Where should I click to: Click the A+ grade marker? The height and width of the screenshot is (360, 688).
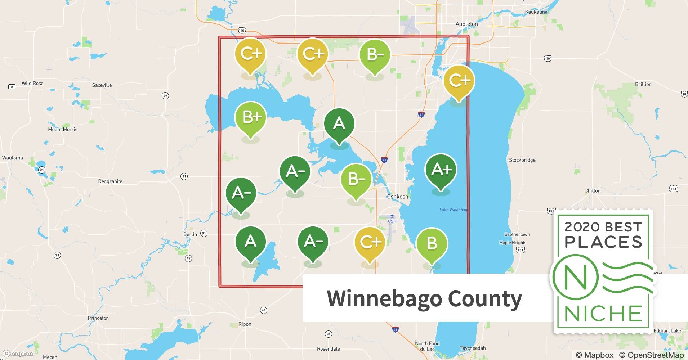[441, 170]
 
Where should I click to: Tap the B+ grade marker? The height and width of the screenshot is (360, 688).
[250, 117]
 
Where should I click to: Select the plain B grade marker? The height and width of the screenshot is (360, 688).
[432, 243]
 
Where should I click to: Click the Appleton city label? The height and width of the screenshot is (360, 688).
[466, 24]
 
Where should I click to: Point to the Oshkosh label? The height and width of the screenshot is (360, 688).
[397, 197]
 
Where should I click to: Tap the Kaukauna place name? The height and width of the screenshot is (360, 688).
[536, 12]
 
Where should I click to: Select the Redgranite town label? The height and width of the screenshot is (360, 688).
[110, 181]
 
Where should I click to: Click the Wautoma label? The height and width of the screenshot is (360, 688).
[12, 158]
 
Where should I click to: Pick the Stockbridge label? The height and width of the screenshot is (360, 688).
[522, 160]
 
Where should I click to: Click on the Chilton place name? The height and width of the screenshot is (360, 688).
[592, 191]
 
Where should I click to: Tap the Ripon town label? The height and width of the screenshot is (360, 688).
[245, 324]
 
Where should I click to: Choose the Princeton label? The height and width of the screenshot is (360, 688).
[98, 318]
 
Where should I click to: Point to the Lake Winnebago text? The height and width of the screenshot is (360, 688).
[454, 210]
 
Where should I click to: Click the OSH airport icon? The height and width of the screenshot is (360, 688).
[392, 216]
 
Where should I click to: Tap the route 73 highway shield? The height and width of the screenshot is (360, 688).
[57, 255]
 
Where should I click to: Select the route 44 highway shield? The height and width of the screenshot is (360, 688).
[264, 310]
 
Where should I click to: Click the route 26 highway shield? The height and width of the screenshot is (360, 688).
[328, 334]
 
